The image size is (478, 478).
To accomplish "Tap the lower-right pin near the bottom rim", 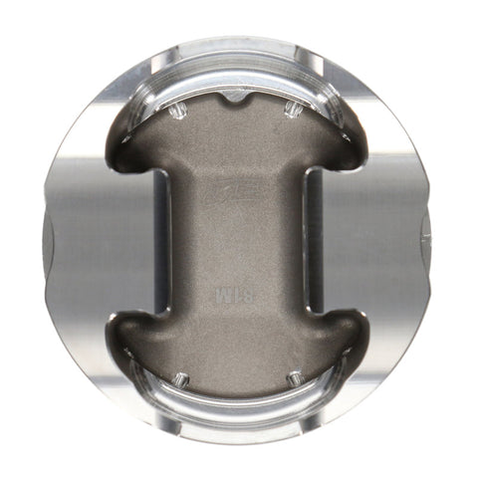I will [294, 377].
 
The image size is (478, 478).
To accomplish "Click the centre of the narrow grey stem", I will [237, 239].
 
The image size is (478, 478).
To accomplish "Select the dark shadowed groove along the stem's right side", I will [312, 239].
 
